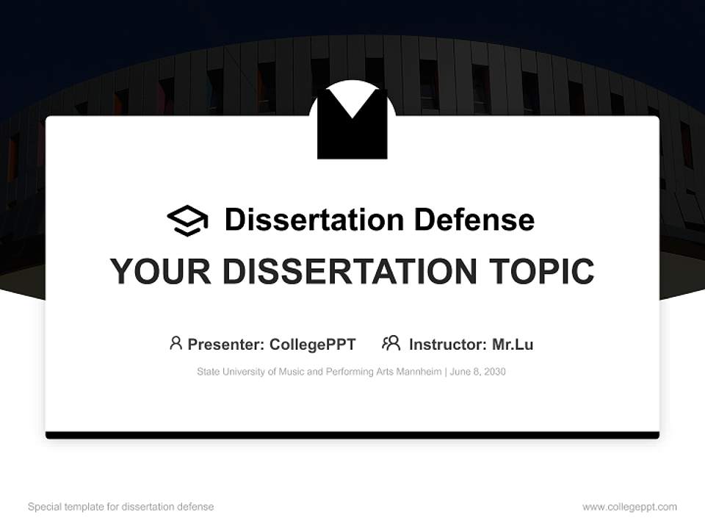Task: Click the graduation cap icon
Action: (x=187, y=220)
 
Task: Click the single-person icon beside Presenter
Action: (x=176, y=343)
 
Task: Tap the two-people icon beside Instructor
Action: (x=391, y=343)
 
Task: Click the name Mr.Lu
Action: (x=513, y=344)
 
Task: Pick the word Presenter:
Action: (x=226, y=344)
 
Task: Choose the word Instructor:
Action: (x=447, y=344)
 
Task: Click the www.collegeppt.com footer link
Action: (x=629, y=507)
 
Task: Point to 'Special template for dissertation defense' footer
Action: (x=121, y=507)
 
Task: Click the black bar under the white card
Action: (x=352, y=435)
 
